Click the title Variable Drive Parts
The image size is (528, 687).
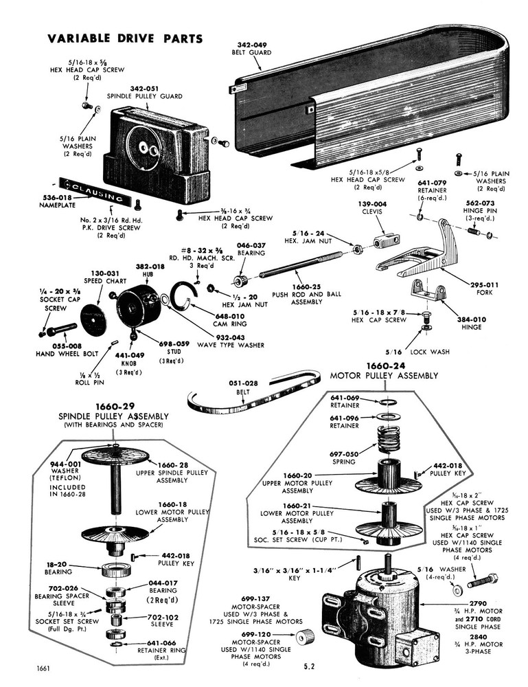[x=125, y=38]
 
